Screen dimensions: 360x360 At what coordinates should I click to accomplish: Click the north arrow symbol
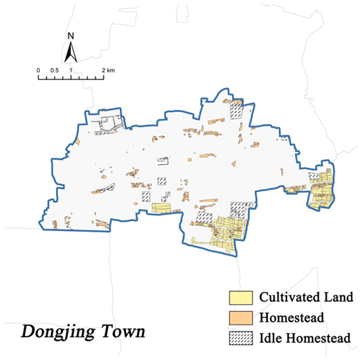pos(71,50)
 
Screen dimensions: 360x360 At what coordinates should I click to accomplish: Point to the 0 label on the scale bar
pos(38,70)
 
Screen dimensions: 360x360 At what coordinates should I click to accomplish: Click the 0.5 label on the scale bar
pos(55,70)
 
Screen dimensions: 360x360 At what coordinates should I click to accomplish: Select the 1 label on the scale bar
pos(72,70)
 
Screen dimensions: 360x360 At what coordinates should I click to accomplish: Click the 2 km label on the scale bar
pos(107,70)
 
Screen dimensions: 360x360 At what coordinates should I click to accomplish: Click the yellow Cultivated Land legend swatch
pos(240,296)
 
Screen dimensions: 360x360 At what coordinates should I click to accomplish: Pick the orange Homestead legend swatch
pos(240,317)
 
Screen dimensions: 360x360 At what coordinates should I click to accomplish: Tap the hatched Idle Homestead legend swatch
pos(240,339)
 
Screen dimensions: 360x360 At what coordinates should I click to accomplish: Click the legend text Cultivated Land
pos(300,296)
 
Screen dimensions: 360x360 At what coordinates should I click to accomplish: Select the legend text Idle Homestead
pos(304,339)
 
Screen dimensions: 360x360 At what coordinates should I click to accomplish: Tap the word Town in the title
pos(123,330)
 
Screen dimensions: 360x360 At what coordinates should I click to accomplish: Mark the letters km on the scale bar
pos(111,70)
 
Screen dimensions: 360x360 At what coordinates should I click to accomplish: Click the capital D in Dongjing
pos(28,330)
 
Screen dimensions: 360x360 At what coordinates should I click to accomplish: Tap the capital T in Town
pos(107,330)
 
